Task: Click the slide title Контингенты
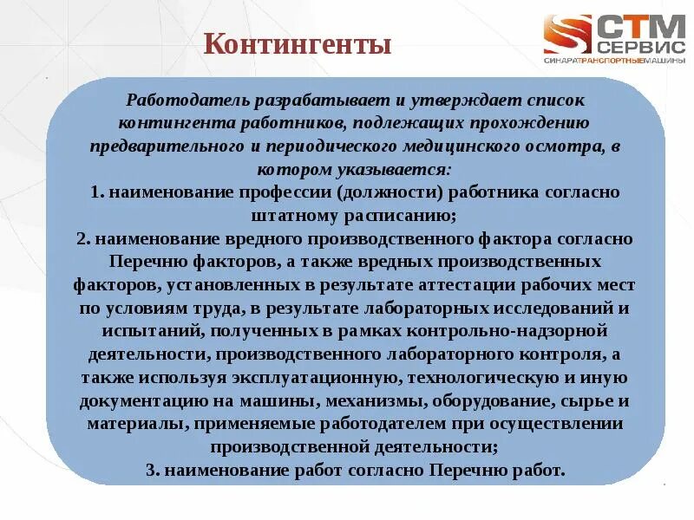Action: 298,44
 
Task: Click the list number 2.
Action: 81,238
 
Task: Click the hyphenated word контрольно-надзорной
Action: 513,332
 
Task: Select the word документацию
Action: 140,402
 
